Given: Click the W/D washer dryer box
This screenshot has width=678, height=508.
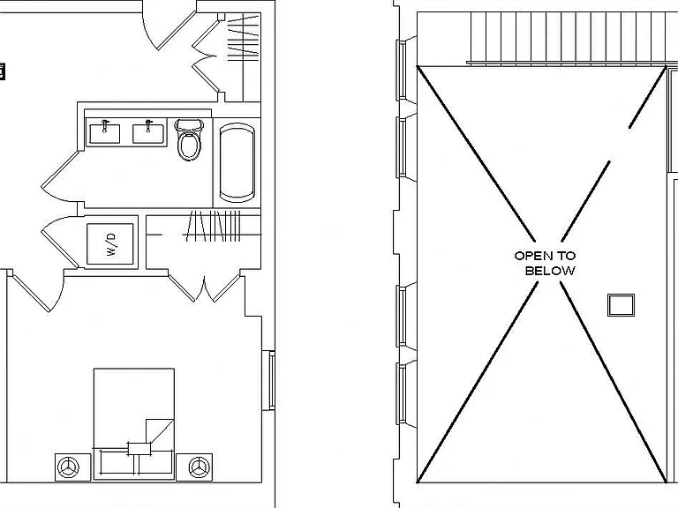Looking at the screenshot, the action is pos(110,243).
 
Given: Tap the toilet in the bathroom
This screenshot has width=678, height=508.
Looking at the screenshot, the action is pos(189,139).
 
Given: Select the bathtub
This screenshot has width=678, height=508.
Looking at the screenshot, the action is pos(237,162).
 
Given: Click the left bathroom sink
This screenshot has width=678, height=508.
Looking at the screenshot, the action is pos(105,133).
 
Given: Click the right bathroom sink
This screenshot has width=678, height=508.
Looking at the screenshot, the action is pos(148,133).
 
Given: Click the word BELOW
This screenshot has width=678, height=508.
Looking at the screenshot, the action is pos(550,271).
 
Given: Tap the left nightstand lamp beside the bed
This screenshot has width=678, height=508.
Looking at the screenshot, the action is pos(68,467).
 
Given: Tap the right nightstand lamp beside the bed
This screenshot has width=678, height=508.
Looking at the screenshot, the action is pos(199,467).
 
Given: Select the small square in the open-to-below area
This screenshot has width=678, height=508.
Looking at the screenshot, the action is pos(621,305).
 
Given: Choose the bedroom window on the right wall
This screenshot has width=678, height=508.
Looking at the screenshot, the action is pos(271,381).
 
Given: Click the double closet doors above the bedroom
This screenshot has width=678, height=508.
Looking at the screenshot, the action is pos(204,287).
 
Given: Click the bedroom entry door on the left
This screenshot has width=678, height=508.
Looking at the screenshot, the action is pos(36,290).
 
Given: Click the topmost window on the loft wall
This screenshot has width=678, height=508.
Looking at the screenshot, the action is pos(403,70).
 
